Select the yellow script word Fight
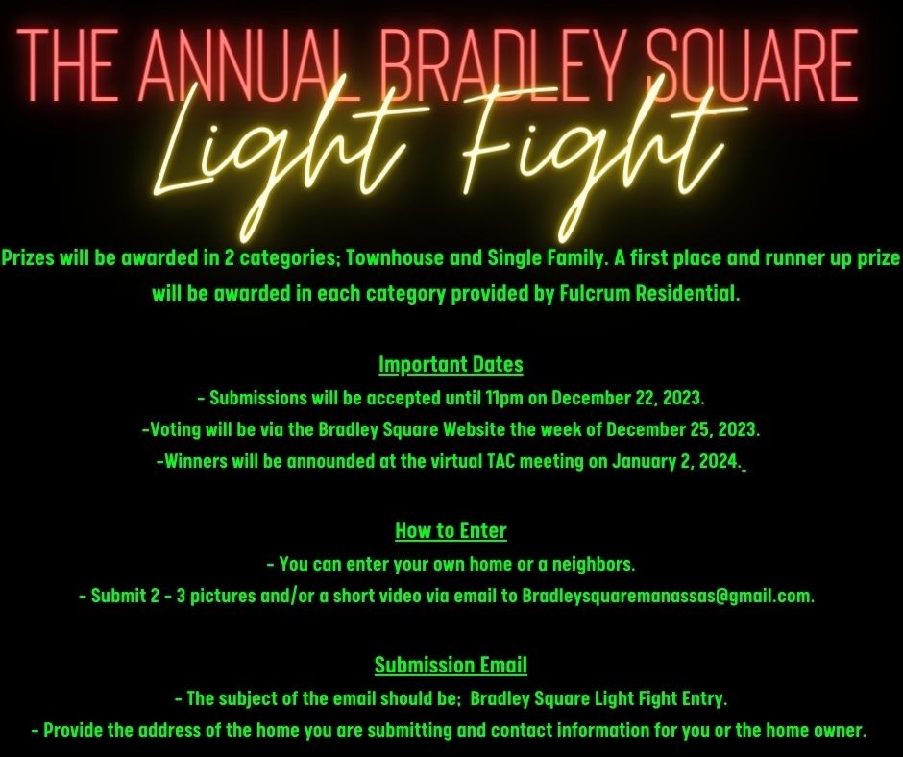pyautogui.click(x=596, y=154)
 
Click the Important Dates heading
pyautogui.click(x=451, y=365)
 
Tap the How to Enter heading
pyautogui.click(x=451, y=530)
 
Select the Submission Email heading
pyautogui.click(x=451, y=665)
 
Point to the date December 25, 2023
pyautogui.click(x=683, y=428)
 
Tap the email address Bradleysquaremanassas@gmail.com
pyautogui.click(x=668, y=596)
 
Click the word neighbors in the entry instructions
pyautogui.click(x=594, y=562)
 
